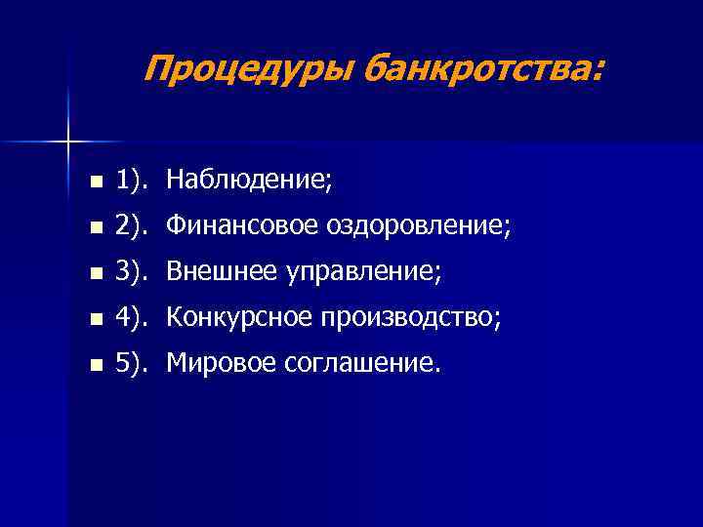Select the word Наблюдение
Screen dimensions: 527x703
click(x=249, y=181)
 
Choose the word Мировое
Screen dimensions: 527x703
click(x=221, y=364)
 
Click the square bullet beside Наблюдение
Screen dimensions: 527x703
click(x=94, y=182)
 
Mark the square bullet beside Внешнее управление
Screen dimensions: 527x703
click(x=94, y=273)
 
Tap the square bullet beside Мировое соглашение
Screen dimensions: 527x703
click(x=94, y=365)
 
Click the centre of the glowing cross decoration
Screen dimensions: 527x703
click(x=68, y=142)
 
